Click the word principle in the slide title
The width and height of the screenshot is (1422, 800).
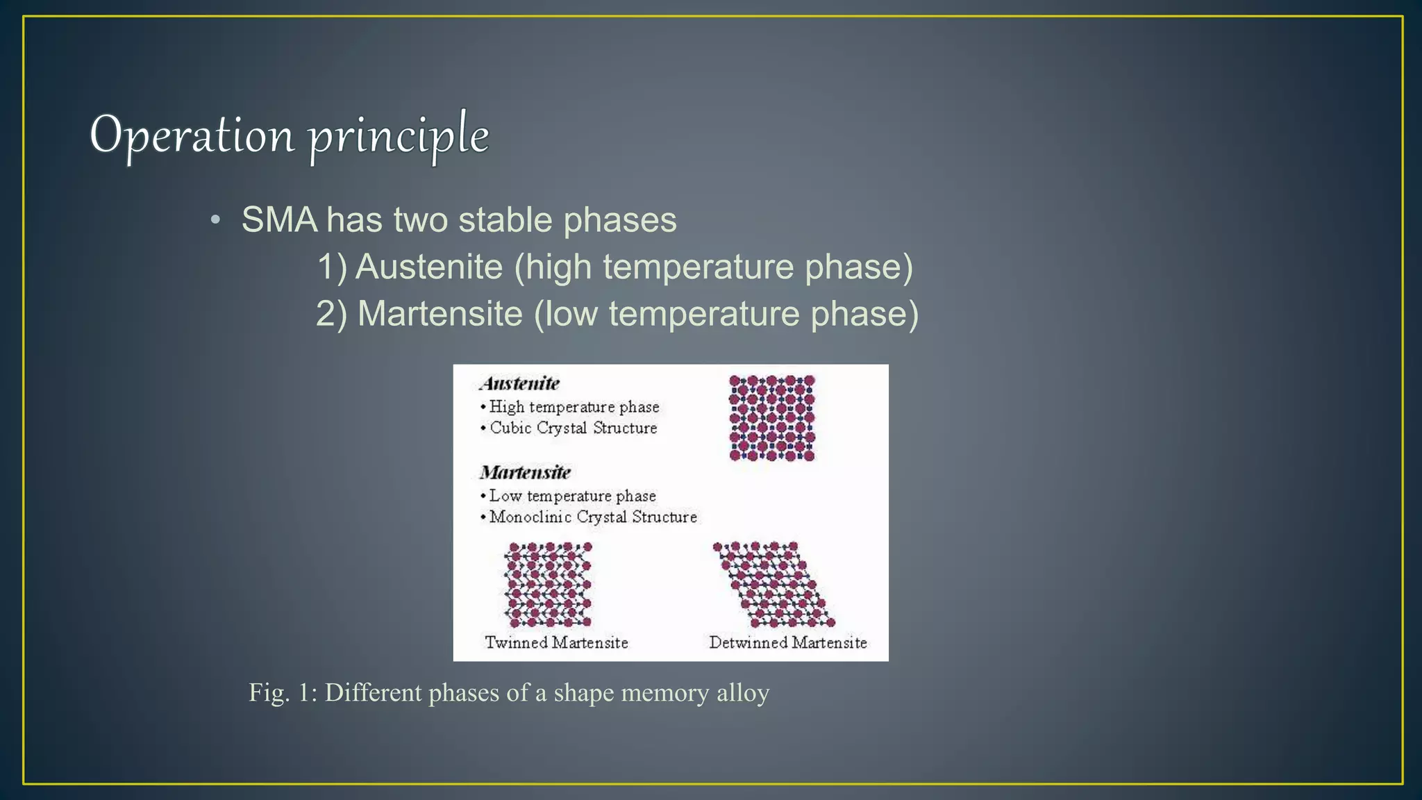399,137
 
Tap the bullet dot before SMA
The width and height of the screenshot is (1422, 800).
216,221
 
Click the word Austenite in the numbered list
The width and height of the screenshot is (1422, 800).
429,267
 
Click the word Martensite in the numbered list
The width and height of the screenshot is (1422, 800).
440,314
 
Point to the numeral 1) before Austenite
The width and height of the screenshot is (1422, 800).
332,267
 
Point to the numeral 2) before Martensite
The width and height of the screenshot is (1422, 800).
331,314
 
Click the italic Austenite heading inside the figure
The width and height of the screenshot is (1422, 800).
519,383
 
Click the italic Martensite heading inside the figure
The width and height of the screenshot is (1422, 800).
525,473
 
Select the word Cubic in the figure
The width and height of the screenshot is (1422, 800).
510,428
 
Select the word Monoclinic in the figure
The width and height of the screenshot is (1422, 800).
530,517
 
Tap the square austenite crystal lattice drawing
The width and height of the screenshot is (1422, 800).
771,418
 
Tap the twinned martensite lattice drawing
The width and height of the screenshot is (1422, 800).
548,584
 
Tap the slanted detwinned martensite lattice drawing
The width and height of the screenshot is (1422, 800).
774,584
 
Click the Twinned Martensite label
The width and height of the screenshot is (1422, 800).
556,642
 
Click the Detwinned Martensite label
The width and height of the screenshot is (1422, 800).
787,642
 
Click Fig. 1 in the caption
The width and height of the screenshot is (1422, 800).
283,693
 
